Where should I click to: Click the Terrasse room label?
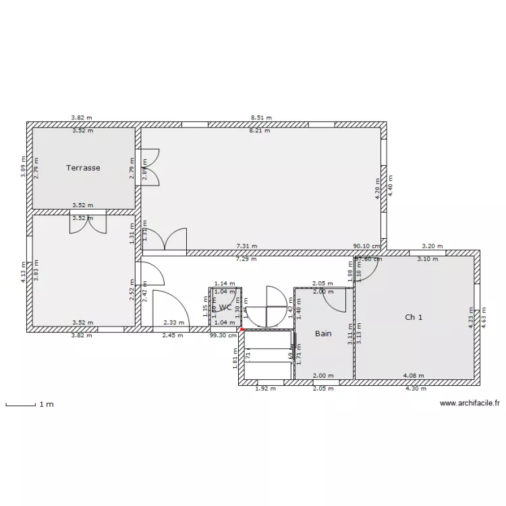pyautogui.click(x=83, y=168)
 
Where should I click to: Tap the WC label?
pyautogui.click(x=225, y=307)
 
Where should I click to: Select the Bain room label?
pyautogui.click(x=324, y=333)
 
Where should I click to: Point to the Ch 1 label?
pyautogui.click(x=414, y=316)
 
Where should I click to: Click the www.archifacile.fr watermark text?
pyautogui.click(x=469, y=403)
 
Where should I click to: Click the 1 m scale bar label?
pyautogui.click(x=46, y=405)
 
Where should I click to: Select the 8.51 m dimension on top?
pyautogui.click(x=260, y=117)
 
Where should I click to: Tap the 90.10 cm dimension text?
pyautogui.click(x=367, y=247)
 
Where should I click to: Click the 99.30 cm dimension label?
pyautogui.click(x=223, y=335)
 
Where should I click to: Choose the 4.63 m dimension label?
pyautogui.click(x=483, y=316)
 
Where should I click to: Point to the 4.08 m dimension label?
pyautogui.click(x=413, y=376)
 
